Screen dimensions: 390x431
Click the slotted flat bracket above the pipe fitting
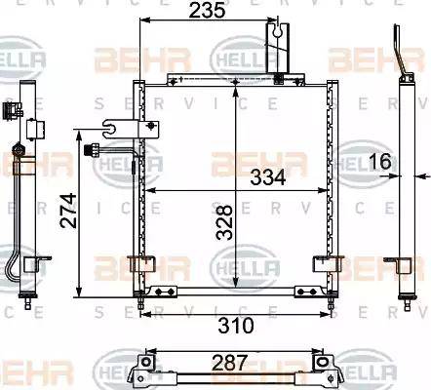(x=116, y=127)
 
